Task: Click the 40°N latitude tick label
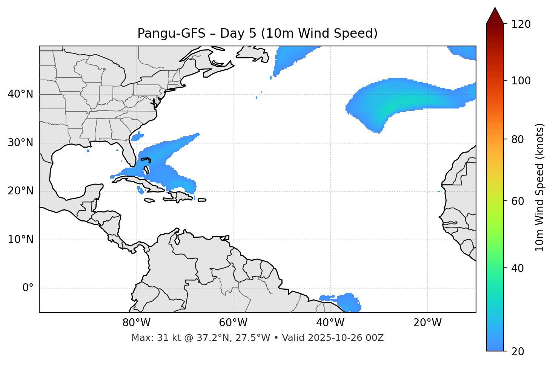pos(21,94)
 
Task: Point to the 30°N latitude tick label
pos(21,143)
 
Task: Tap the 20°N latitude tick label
pos(21,191)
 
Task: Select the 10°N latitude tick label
pos(21,240)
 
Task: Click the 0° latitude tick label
pos(28,288)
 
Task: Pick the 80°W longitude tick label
pos(136,323)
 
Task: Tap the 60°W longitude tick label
pos(233,323)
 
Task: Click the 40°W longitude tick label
pos(330,323)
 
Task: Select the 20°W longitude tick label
pos(427,323)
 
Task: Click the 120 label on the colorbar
pos(521,24)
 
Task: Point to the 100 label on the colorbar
pos(521,81)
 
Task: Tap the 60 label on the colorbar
pos(518,201)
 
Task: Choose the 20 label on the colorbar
pos(518,351)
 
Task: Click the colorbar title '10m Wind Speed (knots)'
pos(540,187)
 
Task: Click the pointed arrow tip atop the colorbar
pos(495,8)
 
